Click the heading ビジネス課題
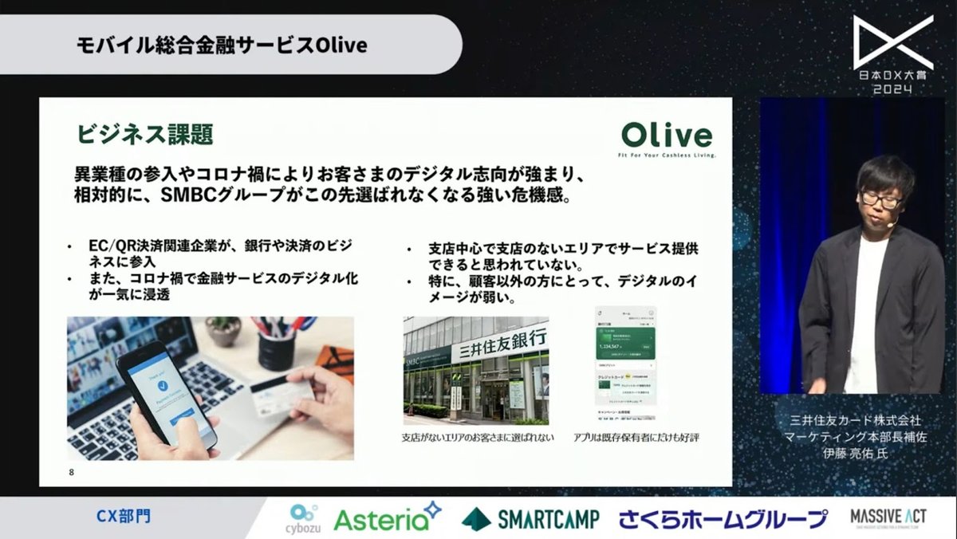click(144, 134)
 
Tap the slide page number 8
click(72, 473)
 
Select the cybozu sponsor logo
click(302, 517)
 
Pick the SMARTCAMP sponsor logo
click(530, 519)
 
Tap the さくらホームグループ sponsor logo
click(723, 519)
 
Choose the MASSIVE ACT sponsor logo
click(887, 518)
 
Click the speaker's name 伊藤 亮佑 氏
click(854, 453)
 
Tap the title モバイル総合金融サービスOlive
click(222, 45)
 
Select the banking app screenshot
click(624, 364)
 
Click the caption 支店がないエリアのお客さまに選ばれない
click(477, 439)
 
